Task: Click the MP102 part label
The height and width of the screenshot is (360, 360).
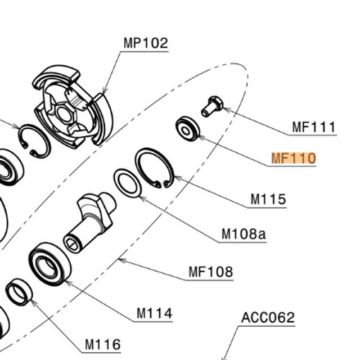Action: coord(146,43)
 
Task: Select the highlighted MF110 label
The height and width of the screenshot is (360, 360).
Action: coord(294,158)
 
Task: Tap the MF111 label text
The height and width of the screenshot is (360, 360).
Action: coord(314,127)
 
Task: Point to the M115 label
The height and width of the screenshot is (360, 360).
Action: coord(268,199)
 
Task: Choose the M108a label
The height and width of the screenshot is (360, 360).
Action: coord(244,233)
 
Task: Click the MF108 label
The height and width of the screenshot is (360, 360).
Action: coord(210,272)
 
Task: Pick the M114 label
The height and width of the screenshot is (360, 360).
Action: coord(154,313)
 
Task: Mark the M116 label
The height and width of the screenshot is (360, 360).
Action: coord(102,344)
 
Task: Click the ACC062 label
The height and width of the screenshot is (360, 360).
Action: coord(268,318)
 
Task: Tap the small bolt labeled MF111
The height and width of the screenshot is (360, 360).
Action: coord(212,105)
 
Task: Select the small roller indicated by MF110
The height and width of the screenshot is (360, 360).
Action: coord(187,129)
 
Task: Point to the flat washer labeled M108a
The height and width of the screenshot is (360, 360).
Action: coord(128,183)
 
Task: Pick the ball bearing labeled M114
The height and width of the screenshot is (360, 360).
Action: coord(50,263)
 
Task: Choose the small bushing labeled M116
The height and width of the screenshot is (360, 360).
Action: coord(20,292)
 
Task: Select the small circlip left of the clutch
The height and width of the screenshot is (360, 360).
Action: coord(34,141)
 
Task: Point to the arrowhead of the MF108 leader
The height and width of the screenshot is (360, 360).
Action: coord(120,259)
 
